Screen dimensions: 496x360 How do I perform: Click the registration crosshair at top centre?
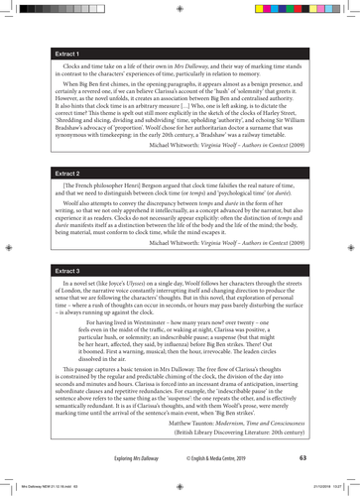click(x=180, y=8)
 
